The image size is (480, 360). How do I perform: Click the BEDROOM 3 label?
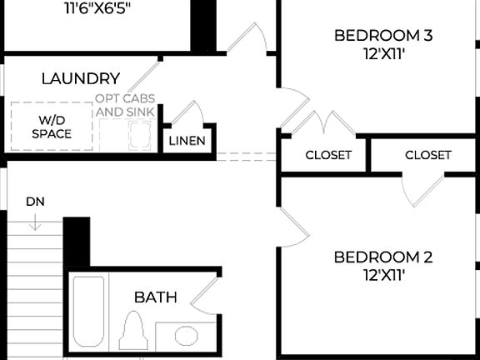(382, 35)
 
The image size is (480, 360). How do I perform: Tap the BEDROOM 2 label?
(382, 257)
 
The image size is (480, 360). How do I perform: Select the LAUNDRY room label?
(81, 79)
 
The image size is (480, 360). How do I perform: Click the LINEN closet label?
(187, 140)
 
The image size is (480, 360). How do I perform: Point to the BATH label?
(156, 297)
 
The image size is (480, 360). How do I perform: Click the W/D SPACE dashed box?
(52, 127)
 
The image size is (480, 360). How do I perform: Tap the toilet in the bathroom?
(133, 331)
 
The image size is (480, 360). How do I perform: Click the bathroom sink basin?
(187, 336)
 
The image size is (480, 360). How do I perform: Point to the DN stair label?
(35, 201)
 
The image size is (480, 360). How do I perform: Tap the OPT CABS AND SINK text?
(124, 104)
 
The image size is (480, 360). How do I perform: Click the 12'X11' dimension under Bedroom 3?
(383, 52)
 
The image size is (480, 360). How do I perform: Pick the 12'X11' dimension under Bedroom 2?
(383, 274)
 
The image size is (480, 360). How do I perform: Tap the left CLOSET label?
(328, 155)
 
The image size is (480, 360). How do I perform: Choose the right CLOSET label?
(428, 155)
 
